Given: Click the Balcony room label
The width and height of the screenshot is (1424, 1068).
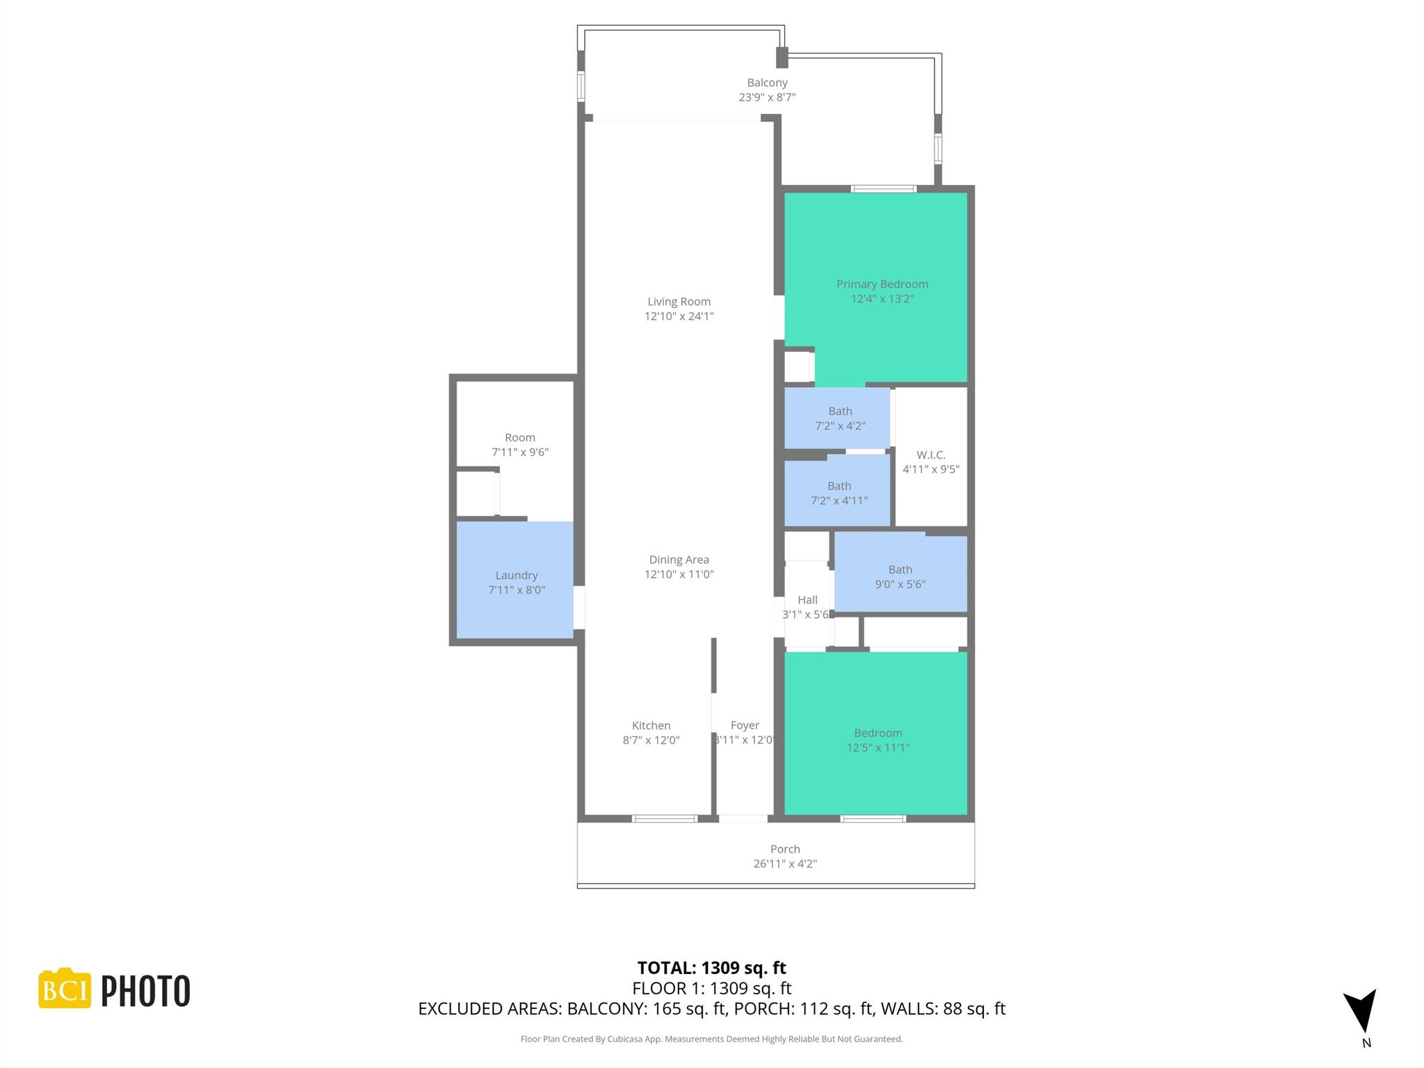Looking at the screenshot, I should coord(767,83).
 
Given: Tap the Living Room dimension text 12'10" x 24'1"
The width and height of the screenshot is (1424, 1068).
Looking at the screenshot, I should coord(679,316).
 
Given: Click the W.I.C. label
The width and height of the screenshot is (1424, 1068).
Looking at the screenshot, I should coord(930,455).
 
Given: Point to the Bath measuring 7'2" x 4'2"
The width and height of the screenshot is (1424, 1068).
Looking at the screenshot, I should coord(839,418).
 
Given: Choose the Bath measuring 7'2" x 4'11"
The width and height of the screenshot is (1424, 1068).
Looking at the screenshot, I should coord(839,493).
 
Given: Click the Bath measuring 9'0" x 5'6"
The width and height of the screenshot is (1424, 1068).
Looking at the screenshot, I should coord(900,576).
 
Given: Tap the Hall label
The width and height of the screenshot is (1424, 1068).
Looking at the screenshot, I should coord(807,599).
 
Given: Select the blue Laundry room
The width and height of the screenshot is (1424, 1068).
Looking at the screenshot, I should coord(515,582).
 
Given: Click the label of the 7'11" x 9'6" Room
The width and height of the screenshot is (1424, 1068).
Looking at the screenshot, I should coord(519,437).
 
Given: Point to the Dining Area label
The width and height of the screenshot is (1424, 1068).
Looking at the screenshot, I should coord(679,560).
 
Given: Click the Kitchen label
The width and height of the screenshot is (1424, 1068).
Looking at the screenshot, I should coord(651,725).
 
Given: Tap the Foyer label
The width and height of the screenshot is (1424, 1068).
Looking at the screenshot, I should coord(745,725).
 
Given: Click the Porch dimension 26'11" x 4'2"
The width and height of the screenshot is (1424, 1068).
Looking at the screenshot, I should coord(785,864).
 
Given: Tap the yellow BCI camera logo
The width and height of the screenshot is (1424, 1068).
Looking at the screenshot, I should coord(65,988).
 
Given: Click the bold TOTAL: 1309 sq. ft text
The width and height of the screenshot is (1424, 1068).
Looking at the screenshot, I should coord(711,967).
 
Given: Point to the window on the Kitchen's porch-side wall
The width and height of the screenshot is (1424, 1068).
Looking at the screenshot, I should coord(664,818).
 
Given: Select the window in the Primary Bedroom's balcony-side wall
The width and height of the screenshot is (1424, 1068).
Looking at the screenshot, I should coord(884,188).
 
